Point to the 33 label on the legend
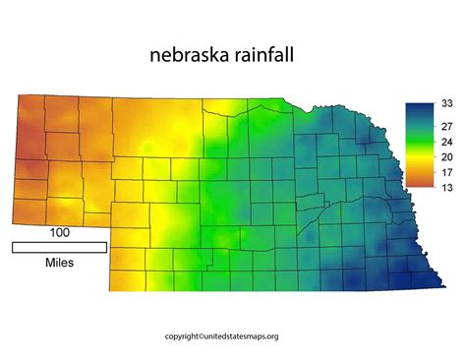point(444,102)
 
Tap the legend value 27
point(444,126)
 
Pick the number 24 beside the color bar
point(444,141)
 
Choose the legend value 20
point(444,157)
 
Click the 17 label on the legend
point(444,172)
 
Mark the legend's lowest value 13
point(444,187)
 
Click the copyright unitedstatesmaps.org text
point(234,335)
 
